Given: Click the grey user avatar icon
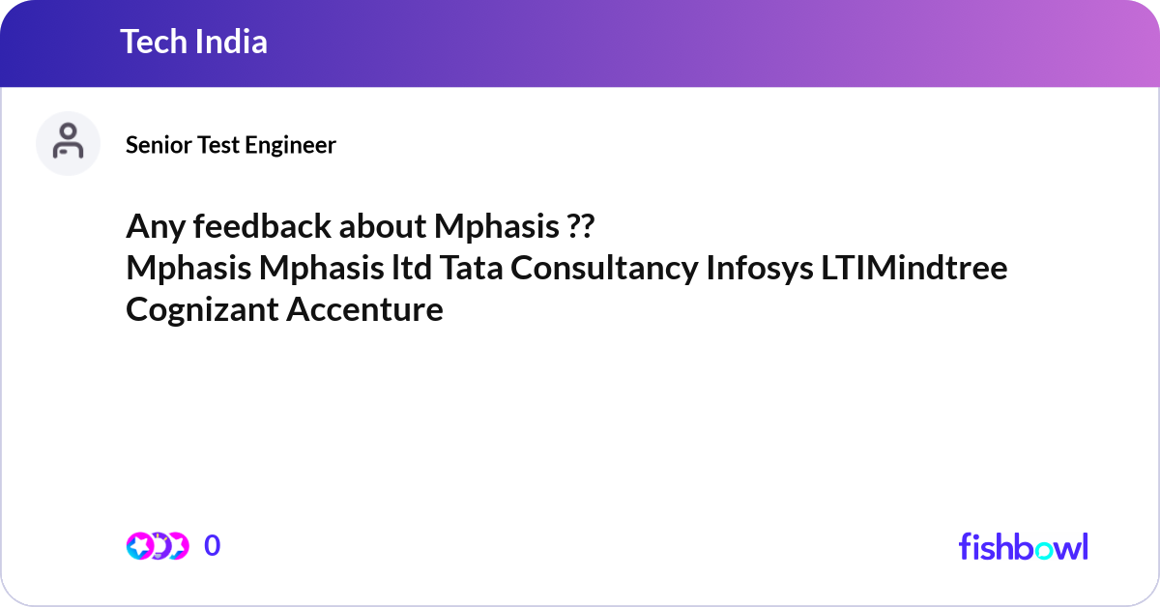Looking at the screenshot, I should (68, 143).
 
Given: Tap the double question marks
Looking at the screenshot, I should (580, 226).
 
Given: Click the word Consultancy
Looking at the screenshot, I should (604, 268).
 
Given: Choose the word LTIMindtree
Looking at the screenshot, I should (914, 268).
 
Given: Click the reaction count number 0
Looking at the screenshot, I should (212, 546).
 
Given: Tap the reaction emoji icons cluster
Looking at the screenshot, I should (157, 546).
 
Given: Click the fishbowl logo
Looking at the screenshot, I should (1023, 546).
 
